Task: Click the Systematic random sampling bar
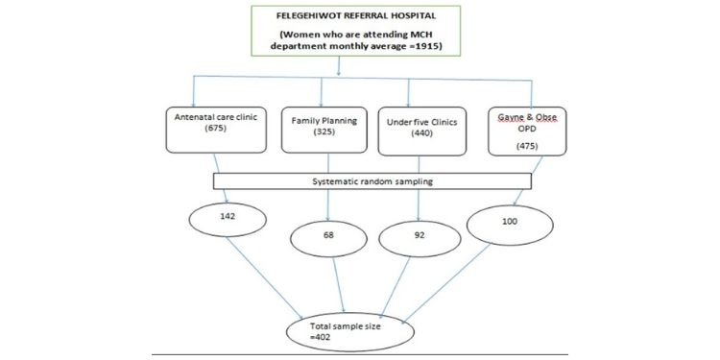coord(372,180)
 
